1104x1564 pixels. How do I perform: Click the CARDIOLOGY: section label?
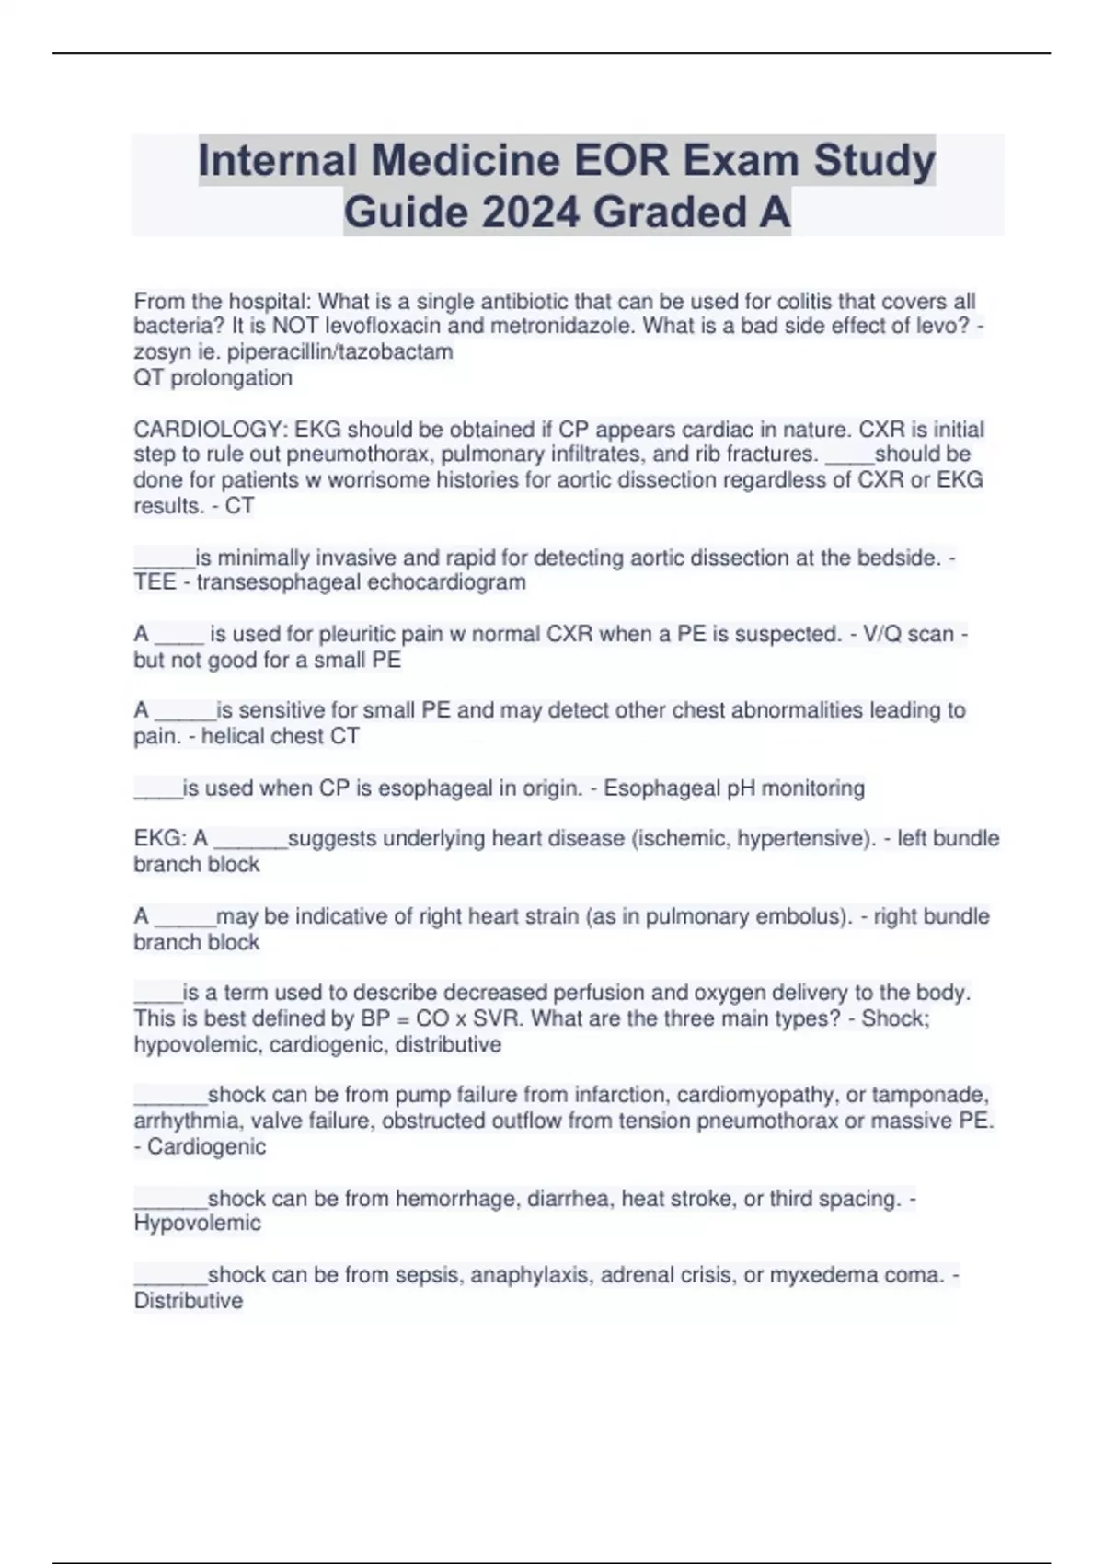coord(211,430)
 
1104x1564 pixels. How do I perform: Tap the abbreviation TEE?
coord(155,582)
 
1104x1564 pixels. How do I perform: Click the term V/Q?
coord(881,634)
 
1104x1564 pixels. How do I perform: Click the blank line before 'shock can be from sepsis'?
coord(170,1279)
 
